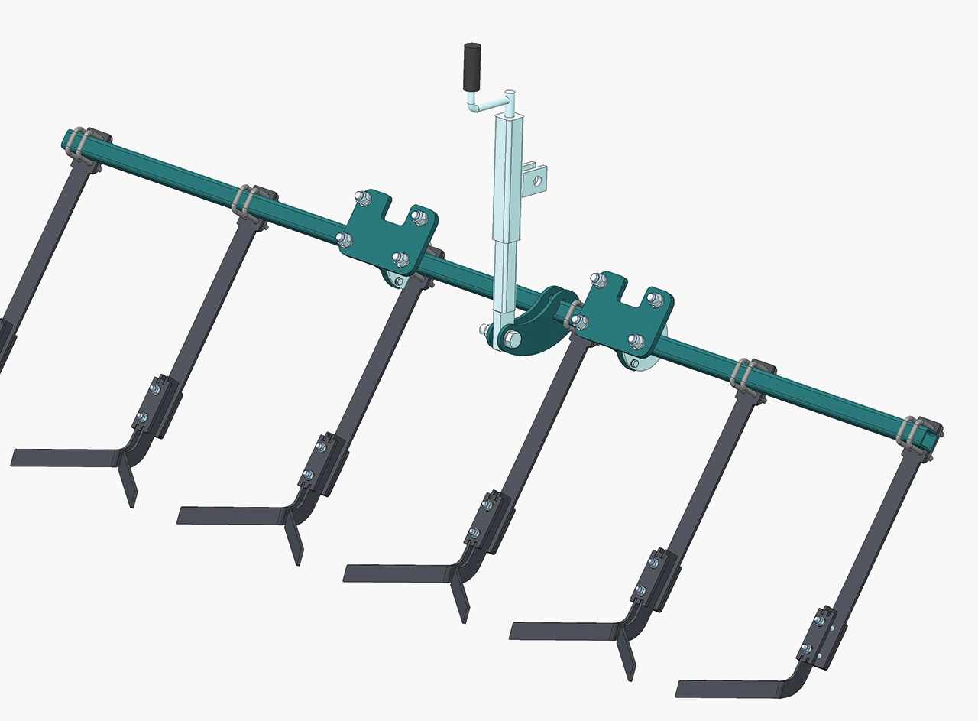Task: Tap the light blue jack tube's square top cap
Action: coord(510,117)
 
